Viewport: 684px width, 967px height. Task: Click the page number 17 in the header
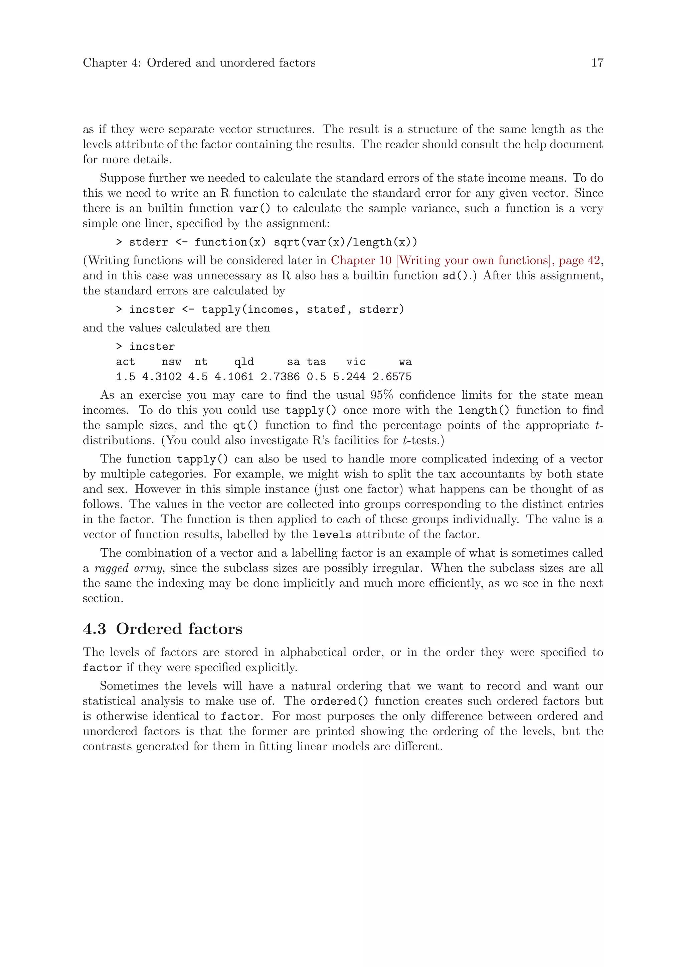[597, 63]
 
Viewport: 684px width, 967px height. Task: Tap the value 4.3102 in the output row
[162, 377]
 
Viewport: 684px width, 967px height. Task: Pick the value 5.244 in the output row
[349, 377]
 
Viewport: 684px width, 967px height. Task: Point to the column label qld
[244, 362]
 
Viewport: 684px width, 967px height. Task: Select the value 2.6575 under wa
[392, 377]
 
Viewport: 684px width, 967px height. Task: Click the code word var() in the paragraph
[254, 208]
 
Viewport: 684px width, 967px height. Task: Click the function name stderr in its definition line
[148, 242]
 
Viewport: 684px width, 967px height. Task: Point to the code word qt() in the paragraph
[245, 426]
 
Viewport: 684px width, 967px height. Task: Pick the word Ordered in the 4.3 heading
[149, 629]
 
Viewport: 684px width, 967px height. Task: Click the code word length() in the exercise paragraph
[484, 411]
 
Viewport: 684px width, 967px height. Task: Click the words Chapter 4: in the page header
[112, 63]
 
